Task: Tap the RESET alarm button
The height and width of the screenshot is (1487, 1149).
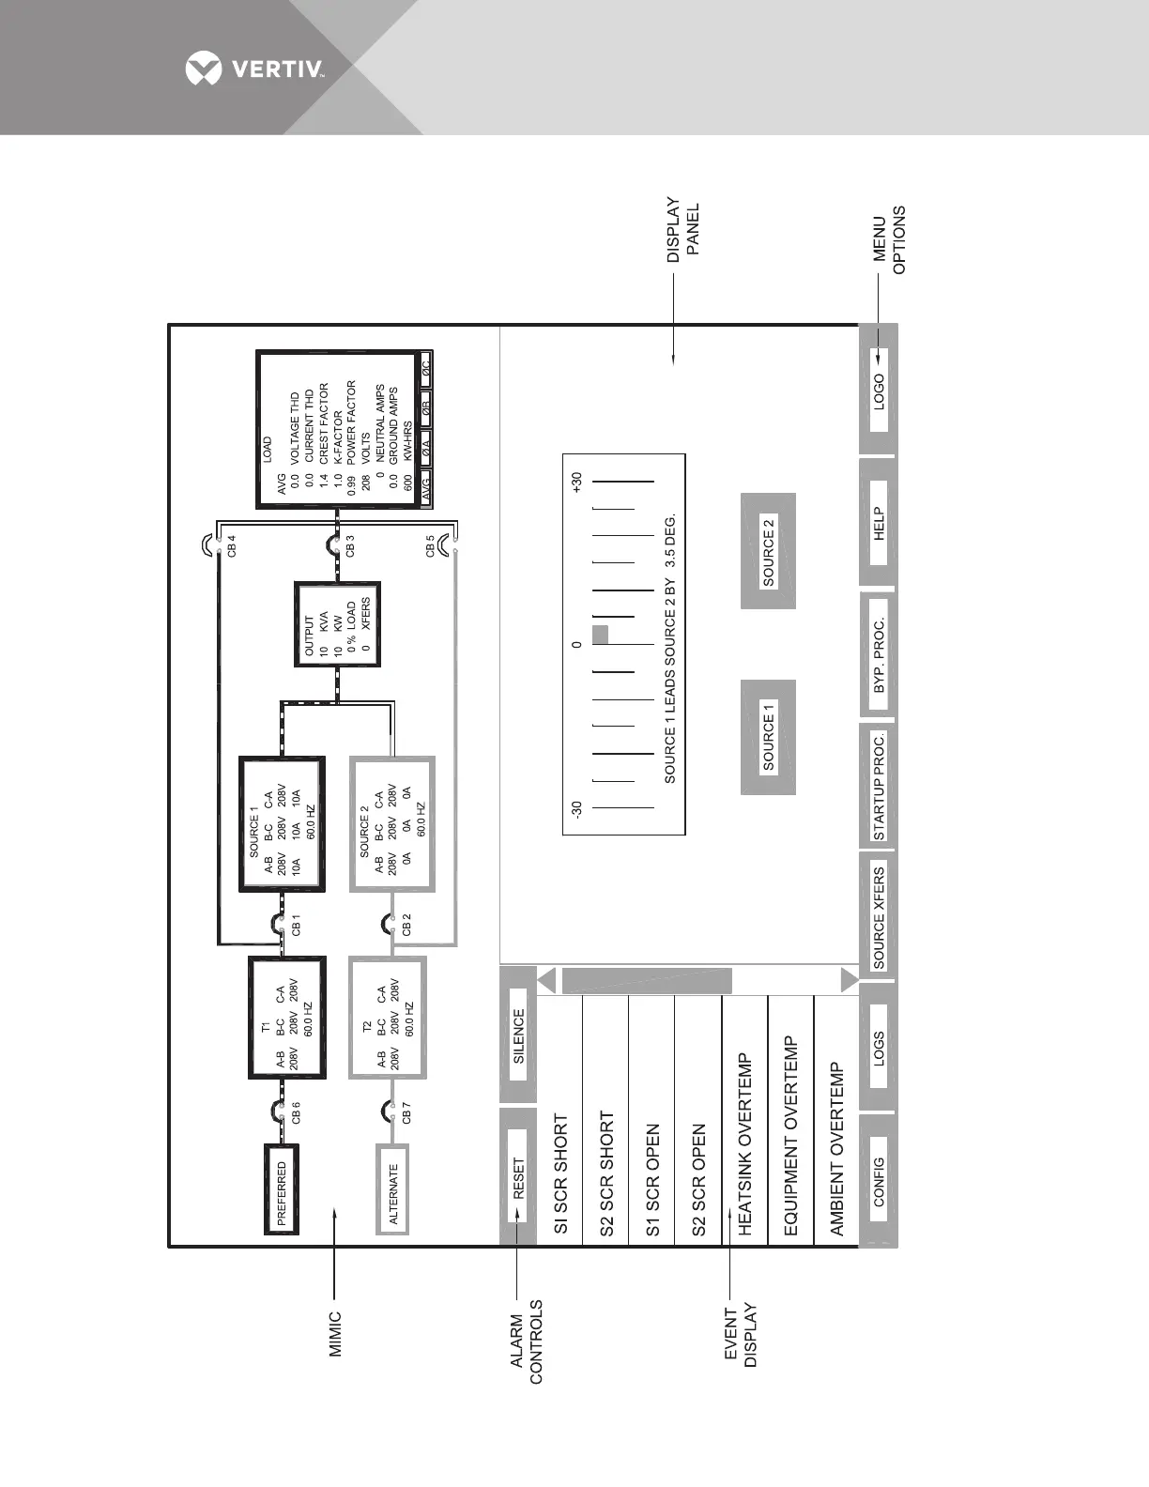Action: tap(518, 1177)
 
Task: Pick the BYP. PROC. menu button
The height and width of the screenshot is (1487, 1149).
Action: tap(879, 657)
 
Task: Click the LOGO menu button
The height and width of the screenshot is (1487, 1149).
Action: tap(879, 391)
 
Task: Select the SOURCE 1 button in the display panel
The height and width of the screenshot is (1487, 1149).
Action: tap(769, 737)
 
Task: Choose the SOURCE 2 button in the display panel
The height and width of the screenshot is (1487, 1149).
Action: tap(769, 551)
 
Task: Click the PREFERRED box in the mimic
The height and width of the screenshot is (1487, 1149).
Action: tap(281, 1193)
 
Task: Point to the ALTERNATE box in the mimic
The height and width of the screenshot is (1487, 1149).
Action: tap(392, 1193)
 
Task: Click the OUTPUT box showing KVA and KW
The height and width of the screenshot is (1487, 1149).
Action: tap(337, 624)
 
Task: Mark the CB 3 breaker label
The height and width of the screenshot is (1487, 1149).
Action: tap(350, 546)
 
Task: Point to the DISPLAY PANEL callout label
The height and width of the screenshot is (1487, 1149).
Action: tap(683, 229)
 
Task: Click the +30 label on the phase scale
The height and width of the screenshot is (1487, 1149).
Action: tap(576, 483)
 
